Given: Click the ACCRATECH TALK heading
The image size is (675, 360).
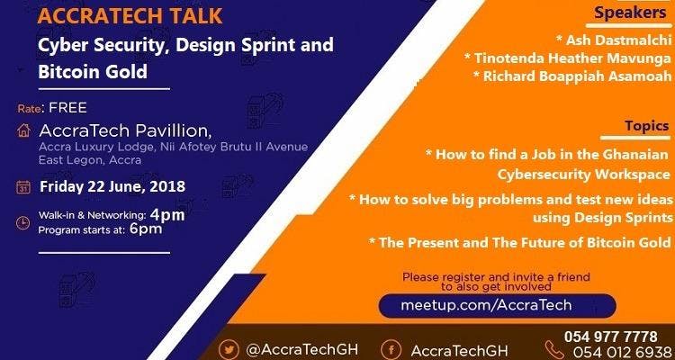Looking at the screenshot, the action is [130, 16].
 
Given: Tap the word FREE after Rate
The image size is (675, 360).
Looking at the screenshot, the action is [68, 108].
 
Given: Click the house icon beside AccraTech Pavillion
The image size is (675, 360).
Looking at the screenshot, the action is [24, 130].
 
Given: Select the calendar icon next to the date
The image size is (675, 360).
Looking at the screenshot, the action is [23, 187].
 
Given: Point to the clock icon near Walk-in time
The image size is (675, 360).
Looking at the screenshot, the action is [22, 222].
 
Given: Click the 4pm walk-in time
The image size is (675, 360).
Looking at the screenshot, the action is [167, 214].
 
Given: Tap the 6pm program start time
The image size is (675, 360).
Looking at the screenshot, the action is [146, 229].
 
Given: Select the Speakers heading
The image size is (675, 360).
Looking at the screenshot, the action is [630, 13].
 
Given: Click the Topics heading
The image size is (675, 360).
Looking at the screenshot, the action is [647, 126].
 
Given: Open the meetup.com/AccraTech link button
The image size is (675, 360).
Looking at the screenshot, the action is [497, 306].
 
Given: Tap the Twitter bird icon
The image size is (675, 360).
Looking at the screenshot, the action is [229, 349].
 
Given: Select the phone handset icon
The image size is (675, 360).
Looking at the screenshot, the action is [554, 349].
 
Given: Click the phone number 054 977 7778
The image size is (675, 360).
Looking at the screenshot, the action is [611, 337].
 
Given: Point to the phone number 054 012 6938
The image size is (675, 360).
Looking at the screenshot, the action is [623, 351].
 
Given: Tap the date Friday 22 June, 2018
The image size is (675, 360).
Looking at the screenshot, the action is [112, 187].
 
